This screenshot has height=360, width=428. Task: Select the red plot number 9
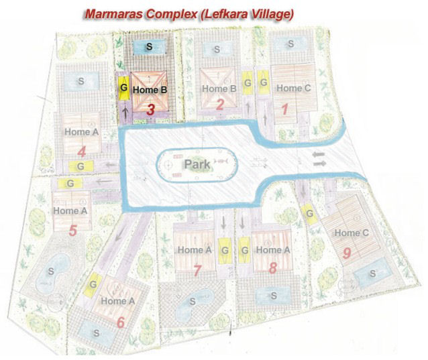(347, 253)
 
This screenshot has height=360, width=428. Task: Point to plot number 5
(72, 231)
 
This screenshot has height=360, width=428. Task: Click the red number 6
(120, 322)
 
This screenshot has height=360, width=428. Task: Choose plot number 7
(197, 271)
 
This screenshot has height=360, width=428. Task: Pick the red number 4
(82, 150)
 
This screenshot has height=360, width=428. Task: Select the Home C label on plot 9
(351, 233)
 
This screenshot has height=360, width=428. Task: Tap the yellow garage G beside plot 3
(123, 88)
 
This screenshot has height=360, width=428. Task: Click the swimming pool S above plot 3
(149, 47)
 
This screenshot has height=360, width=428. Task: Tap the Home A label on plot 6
(117, 301)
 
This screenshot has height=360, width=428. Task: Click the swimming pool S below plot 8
(273, 295)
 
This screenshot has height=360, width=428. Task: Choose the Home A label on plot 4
(81, 132)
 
